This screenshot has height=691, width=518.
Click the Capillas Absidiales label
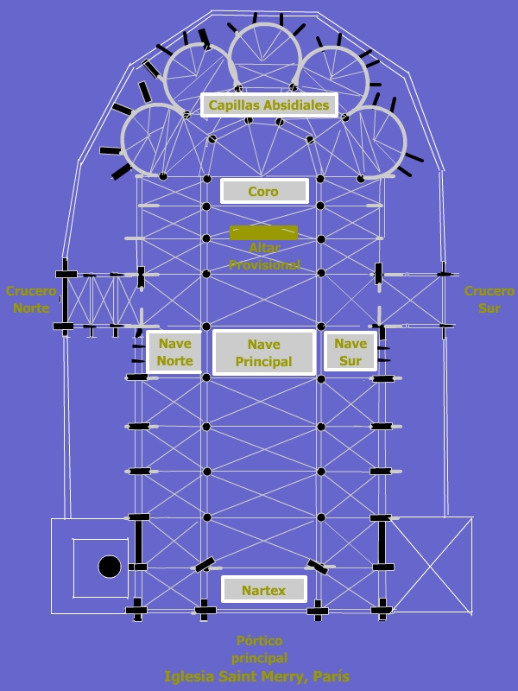click(268, 105)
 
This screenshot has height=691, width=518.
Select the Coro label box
click(263, 192)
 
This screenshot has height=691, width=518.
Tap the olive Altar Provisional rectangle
click(263, 232)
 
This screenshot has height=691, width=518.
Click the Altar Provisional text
click(264, 257)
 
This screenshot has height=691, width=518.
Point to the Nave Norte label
click(174, 352)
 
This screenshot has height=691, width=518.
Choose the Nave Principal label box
click(263, 353)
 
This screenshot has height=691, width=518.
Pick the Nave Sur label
click(351, 352)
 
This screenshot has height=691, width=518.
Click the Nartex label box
click(263, 590)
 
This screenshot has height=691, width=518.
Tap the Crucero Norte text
click(31, 299)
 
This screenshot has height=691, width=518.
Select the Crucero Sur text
click(489, 299)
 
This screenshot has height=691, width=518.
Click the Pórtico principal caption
click(259, 649)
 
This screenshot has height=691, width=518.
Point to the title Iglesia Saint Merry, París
click(257, 676)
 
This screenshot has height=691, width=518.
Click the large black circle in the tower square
click(110, 567)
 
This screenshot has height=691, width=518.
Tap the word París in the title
click(331, 676)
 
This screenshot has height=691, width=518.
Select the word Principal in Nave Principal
click(263, 362)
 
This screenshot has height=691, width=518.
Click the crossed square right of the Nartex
click(432, 565)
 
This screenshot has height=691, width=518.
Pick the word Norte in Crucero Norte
click(31, 307)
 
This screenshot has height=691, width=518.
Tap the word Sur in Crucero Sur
click(489, 307)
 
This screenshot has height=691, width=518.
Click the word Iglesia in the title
click(191, 676)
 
